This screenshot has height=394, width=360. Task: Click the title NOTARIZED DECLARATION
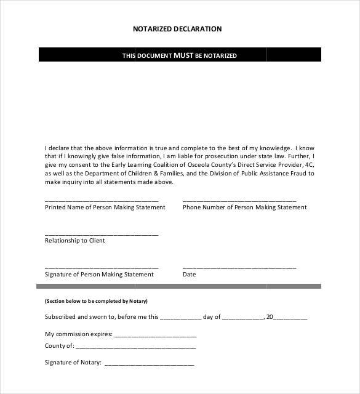[177, 28]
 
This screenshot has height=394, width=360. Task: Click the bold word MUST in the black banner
[183, 55]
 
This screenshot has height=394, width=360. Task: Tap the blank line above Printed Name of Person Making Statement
[102, 201]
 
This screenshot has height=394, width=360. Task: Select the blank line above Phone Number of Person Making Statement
[239, 201]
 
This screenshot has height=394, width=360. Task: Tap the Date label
[189, 275]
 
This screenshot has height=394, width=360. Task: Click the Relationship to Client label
[75, 241]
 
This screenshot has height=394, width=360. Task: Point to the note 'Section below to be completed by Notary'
[96, 302]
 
